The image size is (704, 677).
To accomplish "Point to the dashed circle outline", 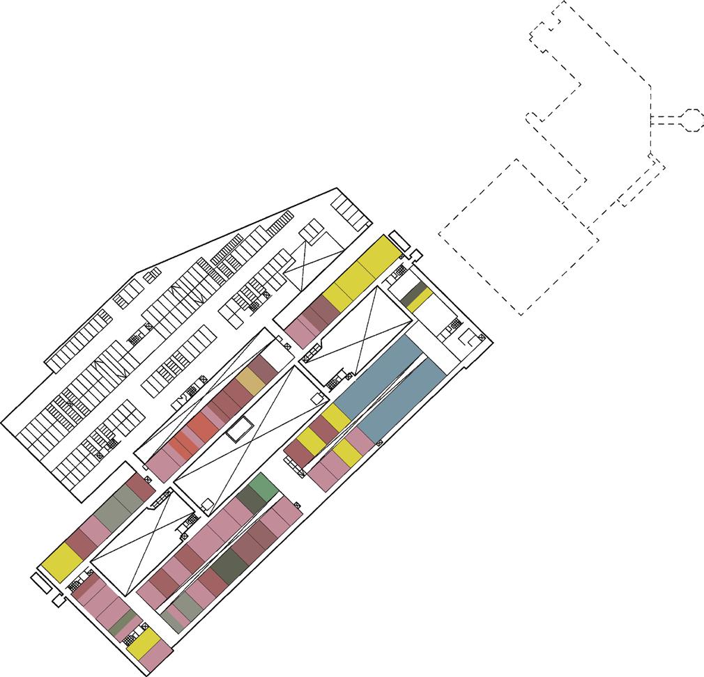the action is point(691,119).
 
